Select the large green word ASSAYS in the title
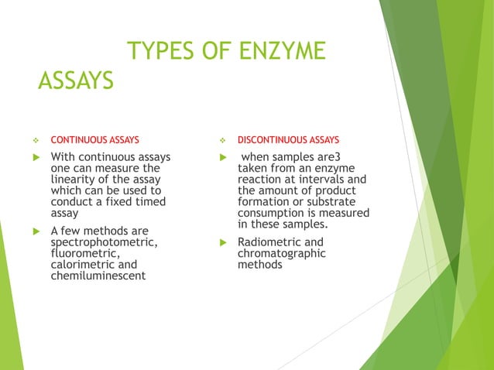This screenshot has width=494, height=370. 76,80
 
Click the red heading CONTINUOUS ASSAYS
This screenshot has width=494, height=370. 95,140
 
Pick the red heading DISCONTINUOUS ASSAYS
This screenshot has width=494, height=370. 288,140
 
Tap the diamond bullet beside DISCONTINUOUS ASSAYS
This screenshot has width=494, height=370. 221,141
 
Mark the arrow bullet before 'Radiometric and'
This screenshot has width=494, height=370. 221,242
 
